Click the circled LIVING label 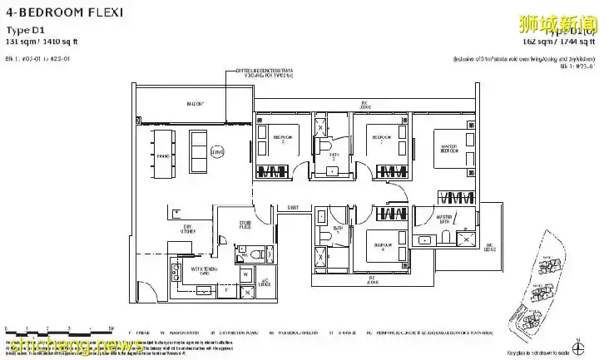(x=218, y=153)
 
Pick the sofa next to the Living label (x=199, y=155)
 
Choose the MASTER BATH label (x=450, y=219)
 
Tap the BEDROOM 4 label (x=382, y=245)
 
